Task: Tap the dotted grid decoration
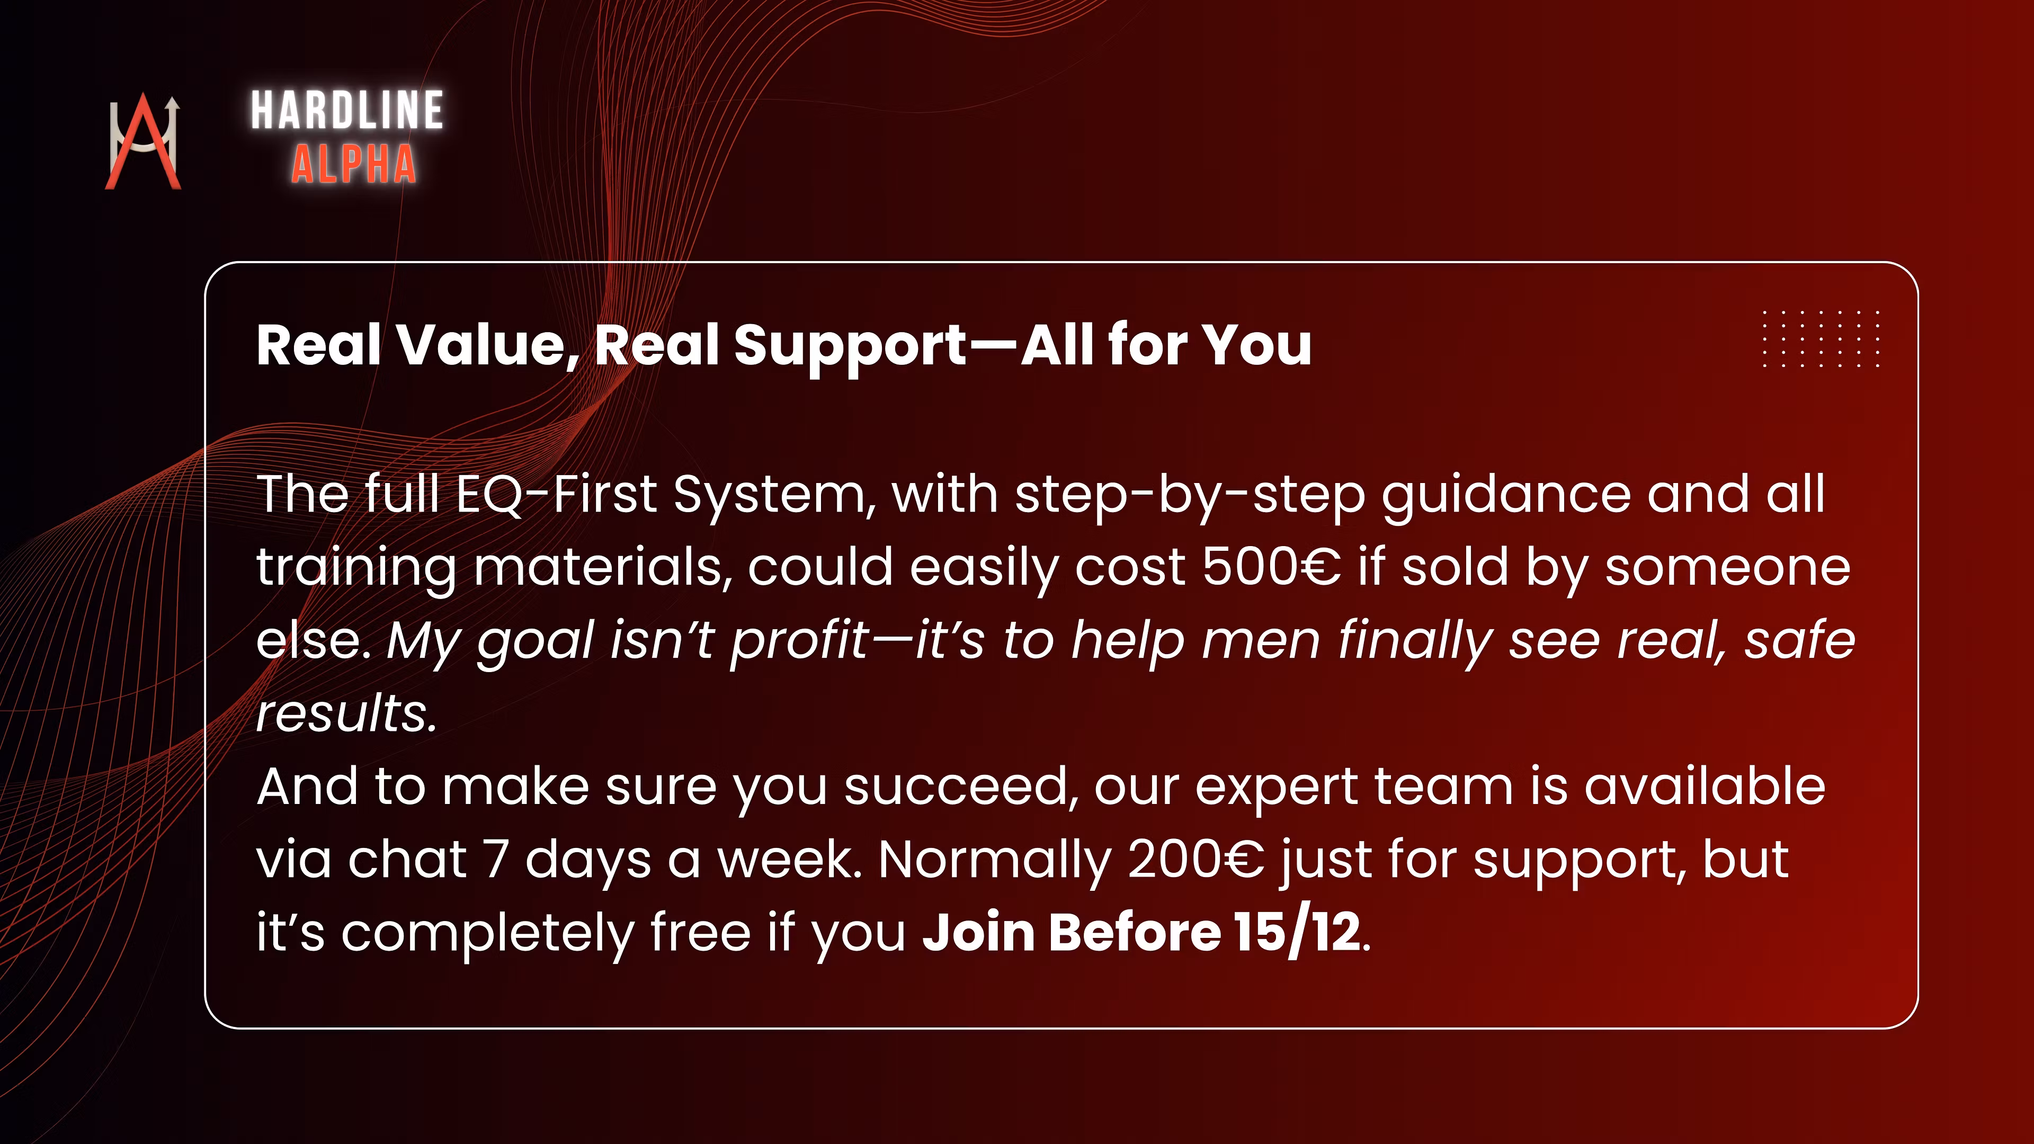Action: tap(1821, 339)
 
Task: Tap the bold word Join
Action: tap(979, 932)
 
